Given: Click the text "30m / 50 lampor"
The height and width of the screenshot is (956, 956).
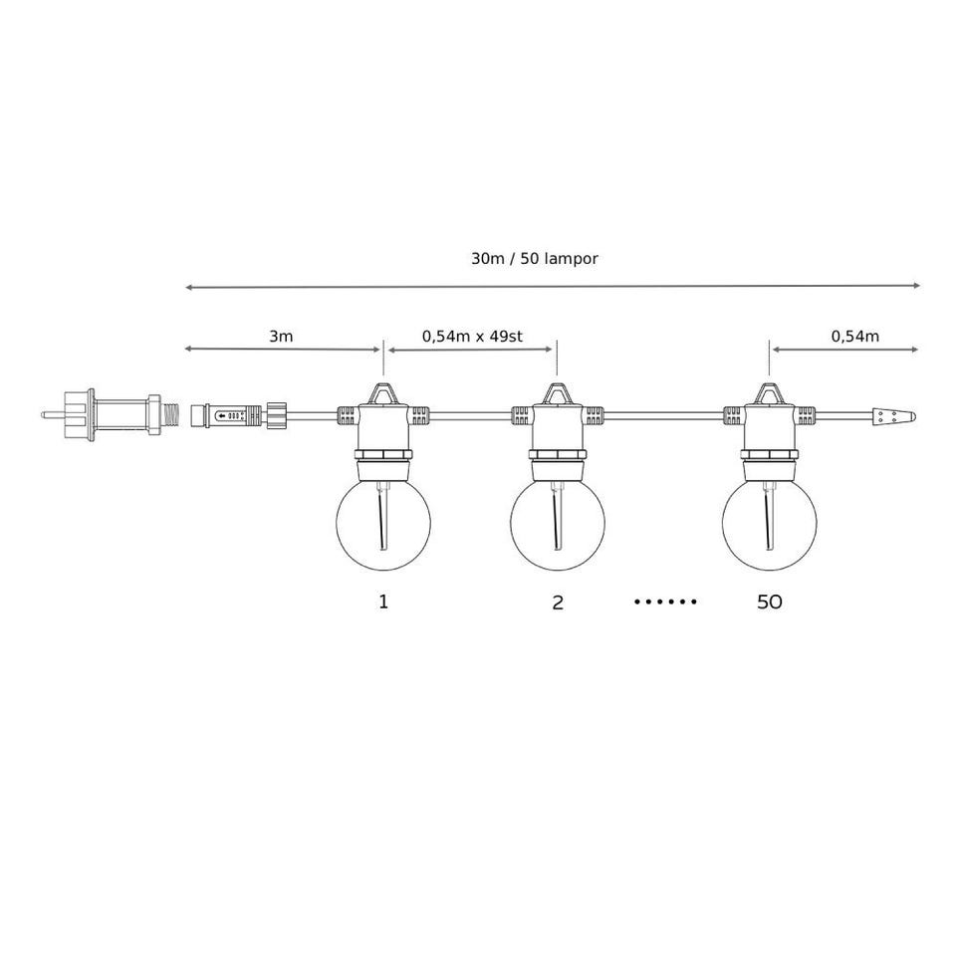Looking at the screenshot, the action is (534, 259).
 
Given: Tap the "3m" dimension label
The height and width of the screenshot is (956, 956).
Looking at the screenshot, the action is (281, 336).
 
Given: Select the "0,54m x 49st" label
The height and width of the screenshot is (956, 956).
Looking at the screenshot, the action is (472, 337).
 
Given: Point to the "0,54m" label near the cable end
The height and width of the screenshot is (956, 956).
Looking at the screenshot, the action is (854, 337).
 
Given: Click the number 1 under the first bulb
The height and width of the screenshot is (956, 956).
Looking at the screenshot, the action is (383, 601).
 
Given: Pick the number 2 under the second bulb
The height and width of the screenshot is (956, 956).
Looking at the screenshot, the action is (558, 602).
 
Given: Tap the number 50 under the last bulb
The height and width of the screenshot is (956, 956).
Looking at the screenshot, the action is (770, 602).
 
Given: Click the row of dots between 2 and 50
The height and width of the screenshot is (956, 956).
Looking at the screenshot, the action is (665, 601).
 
